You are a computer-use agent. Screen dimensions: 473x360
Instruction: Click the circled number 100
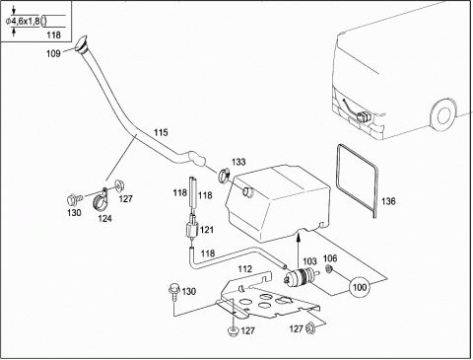pyautogui.click(x=360, y=287)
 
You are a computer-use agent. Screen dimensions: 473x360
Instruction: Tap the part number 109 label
pyautogui.click(x=53, y=53)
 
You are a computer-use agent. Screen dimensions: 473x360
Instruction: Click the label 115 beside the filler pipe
pyautogui.click(x=161, y=132)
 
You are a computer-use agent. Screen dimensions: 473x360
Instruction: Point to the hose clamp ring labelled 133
pyautogui.click(x=225, y=176)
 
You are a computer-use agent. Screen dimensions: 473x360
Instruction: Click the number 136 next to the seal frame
pyautogui.click(x=388, y=201)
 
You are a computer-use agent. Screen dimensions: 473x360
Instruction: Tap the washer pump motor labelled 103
pyautogui.click(x=302, y=276)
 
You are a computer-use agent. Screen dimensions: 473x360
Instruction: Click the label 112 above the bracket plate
pyautogui.click(x=245, y=269)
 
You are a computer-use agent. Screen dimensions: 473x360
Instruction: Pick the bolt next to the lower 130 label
pyautogui.click(x=172, y=292)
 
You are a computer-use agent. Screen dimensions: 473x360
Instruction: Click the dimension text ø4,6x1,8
pyautogui.click(x=23, y=22)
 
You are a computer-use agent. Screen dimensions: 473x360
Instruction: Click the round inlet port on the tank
pyautogui.click(x=247, y=191)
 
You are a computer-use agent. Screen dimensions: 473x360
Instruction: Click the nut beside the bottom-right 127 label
pyautogui.click(x=309, y=327)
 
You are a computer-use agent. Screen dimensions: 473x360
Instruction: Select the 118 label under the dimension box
pyautogui.click(x=53, y=35)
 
